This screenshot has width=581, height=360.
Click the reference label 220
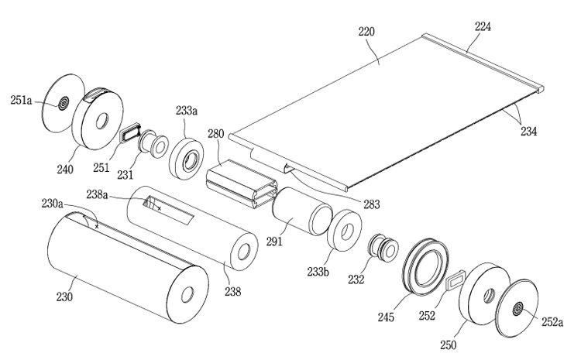click(x=366, y=32)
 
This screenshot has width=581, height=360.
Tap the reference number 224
click(x=483, y=26)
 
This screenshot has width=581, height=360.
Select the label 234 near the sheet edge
click(x=529, y=131)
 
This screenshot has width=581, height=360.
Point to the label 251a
click(x=21, y=101)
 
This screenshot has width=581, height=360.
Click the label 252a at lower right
click(x=552, y=322)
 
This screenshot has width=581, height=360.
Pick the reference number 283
click(x=372, y=204)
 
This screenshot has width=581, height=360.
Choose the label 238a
click(x=97, y=194)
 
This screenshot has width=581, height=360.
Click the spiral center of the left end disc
click(x=64, y=103)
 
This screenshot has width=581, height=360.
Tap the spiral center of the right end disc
click(x=517, y=309)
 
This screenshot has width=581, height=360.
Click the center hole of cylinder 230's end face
click(x=187, y=294)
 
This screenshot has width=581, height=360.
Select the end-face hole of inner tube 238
click(x=244, y=252)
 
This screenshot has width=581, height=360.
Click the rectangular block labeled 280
click(x=242, y=183)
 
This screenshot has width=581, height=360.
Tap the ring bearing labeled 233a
click(x=187, y=159)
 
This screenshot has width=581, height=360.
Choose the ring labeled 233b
click(x=344, y=231)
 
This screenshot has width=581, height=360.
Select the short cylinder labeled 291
click(x=302, y=211)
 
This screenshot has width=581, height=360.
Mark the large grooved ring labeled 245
click(x=426, y=266)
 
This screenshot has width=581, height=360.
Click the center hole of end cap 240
click(x=102, y=121)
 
